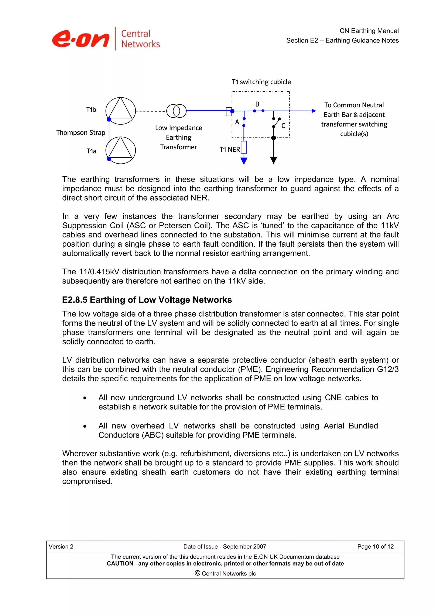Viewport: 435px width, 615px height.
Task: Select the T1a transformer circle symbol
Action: (121, 150)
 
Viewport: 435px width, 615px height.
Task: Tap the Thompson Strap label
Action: (81, 133)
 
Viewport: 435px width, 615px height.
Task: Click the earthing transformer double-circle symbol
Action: (176, 111)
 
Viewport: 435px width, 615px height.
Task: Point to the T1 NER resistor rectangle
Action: (244, 147)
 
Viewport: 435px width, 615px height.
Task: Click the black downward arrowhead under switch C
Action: (273, 160)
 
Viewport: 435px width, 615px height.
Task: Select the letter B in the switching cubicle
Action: (257, 104)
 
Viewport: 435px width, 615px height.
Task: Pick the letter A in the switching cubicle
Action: (237, 122)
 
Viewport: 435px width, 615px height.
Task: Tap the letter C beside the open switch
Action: (283, 126)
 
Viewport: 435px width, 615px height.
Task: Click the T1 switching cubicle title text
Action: (261, 82)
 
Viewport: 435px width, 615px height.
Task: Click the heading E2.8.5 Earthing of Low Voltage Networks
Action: (147, 300)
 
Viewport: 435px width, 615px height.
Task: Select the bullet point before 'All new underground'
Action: (85, 398)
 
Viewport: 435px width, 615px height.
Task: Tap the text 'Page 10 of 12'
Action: (375, 546)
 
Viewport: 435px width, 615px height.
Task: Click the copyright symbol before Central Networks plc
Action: (198, 573)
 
